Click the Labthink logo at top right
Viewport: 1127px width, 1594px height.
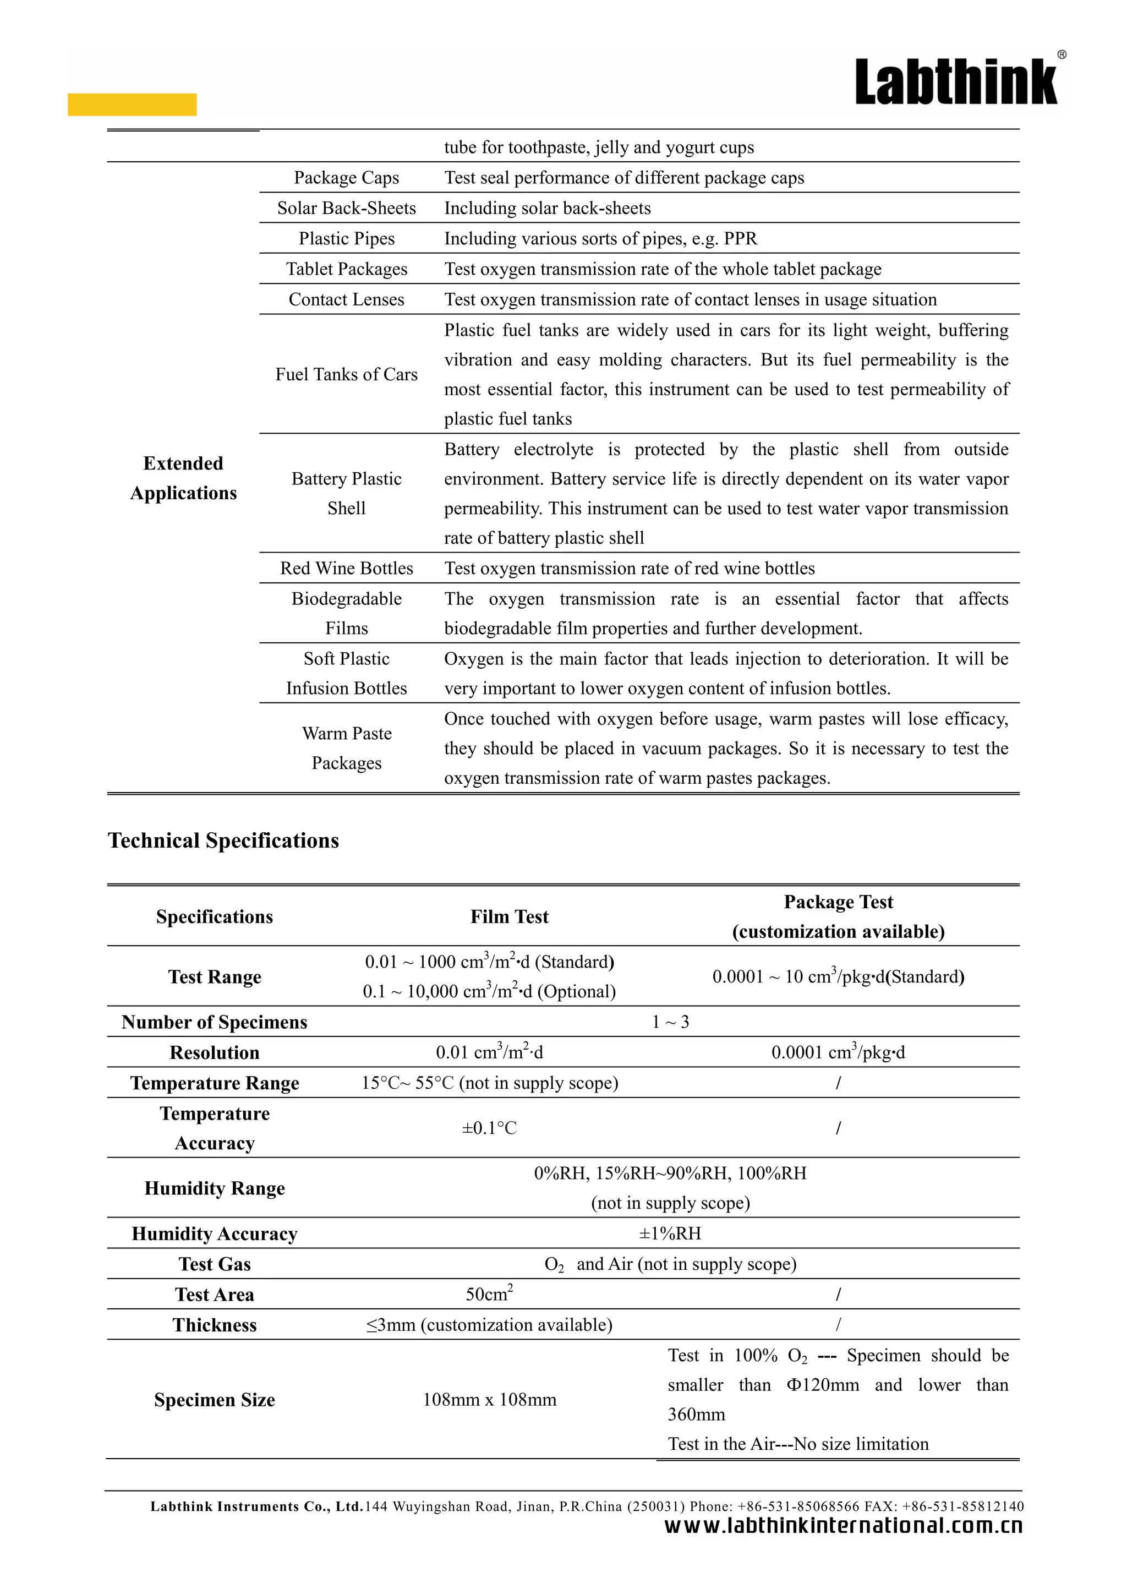pyautogui.click(x=956, y=83)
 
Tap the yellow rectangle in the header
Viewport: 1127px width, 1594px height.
pyautogui.click(x=132, y=104)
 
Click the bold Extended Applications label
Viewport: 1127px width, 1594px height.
pyautogui.click(x=183, y=478)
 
